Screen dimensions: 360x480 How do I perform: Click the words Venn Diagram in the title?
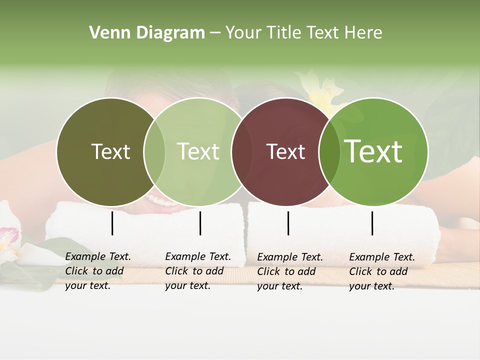(147, 33)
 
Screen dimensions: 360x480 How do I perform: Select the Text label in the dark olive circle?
(110, 151)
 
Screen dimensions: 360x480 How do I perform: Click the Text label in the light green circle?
(198, 151)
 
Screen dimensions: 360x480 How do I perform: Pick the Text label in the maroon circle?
(285, 151)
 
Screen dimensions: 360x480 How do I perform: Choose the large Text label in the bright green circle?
(373, 151)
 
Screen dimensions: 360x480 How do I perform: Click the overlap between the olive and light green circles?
(154, 151)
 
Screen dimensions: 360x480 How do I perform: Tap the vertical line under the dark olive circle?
(112, 223)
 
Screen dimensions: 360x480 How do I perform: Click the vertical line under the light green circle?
(200, 223)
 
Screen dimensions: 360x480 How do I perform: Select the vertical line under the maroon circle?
(288, 223)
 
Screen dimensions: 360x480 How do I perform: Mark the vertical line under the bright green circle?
(372, 223)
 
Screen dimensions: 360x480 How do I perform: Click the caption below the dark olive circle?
(98, 271)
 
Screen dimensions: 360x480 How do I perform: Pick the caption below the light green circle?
(198, 271)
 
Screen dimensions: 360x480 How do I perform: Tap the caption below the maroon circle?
(290, 271)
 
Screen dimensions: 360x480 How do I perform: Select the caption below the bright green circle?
(382, 271)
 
